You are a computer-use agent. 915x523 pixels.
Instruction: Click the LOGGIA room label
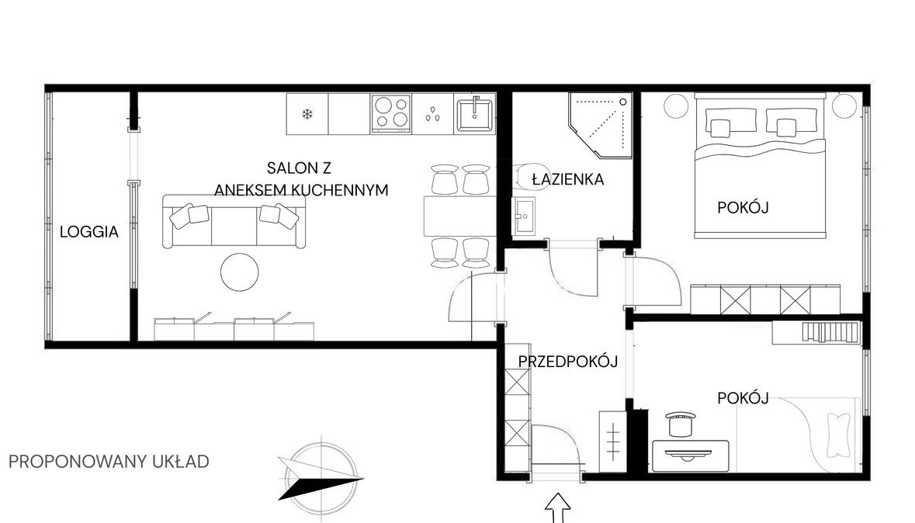(x=89, y=232)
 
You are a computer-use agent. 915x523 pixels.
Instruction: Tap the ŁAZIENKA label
(x=568, y=179)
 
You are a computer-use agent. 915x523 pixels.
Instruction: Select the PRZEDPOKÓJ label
(x=568, y=362)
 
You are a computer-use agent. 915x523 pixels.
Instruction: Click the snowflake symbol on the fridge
(x=307, y=114)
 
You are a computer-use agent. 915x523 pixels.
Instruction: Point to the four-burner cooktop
(x=391, y=113)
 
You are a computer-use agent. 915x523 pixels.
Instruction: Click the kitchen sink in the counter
(x=474, y=113)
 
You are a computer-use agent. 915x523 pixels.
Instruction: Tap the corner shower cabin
(x=601, y=125)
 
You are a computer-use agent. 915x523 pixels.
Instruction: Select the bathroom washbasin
(x=523, y=216)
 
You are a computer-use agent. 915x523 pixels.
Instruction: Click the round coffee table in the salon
(x=239, y=272)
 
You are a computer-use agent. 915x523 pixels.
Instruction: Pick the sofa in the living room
(x=234, y=222)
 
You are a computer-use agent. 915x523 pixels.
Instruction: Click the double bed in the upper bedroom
(x=761, y=166)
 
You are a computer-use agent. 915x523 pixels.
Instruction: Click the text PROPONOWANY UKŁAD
(x=109, y=462)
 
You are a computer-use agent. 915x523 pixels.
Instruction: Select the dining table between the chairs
(x=460, y=216)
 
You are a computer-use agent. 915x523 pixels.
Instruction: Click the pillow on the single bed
(x=838, y=435)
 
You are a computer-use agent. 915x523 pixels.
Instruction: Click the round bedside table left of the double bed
(x=677, y=106)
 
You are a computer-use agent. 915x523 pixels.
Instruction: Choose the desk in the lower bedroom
(x=691, y=455)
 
